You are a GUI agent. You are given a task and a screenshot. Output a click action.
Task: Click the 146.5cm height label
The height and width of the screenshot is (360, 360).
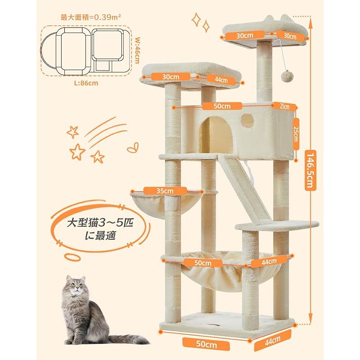pos(310,171)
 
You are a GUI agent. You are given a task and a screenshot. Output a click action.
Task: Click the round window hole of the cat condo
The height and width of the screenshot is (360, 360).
pos(247,120)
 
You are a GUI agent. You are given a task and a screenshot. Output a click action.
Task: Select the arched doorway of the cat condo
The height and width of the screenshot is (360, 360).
pos(216,135)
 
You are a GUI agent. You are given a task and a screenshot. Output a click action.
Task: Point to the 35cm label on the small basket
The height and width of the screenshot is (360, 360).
pos(165,191)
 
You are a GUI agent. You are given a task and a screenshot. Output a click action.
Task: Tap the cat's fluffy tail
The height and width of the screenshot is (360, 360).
pos(129,339)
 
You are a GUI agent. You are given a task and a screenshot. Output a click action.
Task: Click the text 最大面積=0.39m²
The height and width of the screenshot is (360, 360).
pos(91,17)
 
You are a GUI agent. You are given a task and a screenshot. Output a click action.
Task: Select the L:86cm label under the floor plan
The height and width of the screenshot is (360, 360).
pos(86,83)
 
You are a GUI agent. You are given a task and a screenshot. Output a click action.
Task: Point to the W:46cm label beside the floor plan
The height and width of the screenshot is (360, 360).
pos(137,50)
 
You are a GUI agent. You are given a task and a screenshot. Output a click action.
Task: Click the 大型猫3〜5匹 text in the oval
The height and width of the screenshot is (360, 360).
pos(100,222)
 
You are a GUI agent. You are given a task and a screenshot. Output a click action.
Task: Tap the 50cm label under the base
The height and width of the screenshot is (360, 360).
pos(206,344)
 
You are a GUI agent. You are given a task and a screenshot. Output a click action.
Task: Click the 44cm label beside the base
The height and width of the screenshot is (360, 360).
pos(273,340)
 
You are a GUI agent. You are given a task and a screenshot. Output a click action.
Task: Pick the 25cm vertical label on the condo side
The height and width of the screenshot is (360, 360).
pos(296,134)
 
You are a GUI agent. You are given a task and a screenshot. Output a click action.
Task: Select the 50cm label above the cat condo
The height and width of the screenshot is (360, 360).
pos(222,106)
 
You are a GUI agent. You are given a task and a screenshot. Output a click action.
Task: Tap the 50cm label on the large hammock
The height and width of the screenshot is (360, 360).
pos(203,263)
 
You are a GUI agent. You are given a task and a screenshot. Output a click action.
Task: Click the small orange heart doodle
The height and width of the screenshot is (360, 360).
pos(133,148)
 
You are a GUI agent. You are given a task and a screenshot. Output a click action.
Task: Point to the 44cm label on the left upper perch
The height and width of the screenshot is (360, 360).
pos(221,80)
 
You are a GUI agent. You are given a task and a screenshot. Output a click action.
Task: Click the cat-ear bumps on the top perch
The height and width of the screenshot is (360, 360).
pos(277,19)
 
